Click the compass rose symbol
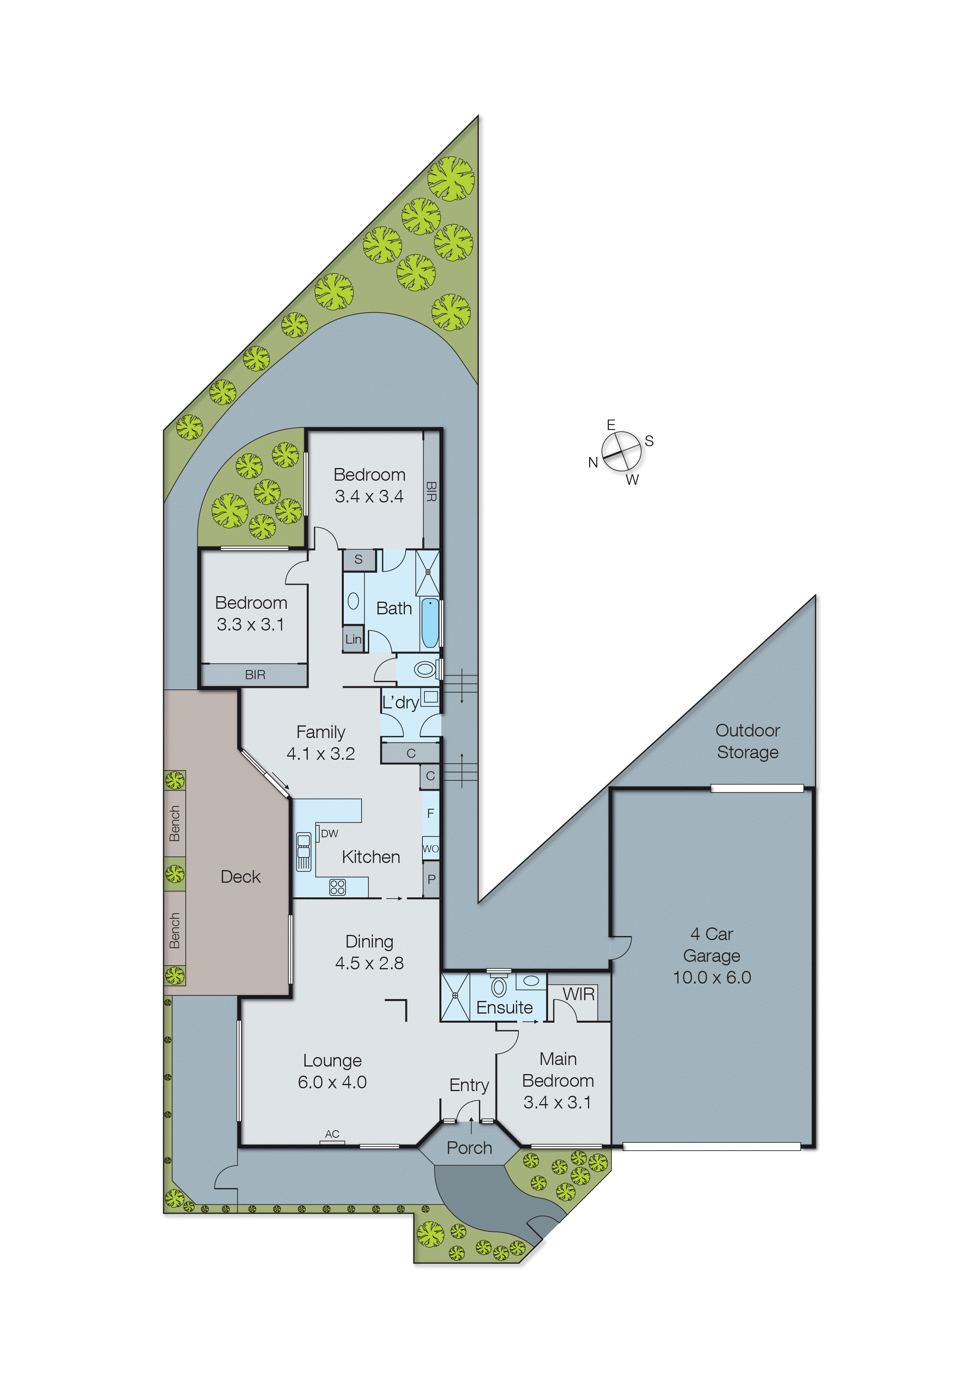click(621, 451)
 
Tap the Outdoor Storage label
click(747, 741)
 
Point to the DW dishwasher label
click(330, 834)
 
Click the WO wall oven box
click(430, 848)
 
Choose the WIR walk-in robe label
click(578, 994)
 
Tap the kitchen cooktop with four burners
click(337, 887)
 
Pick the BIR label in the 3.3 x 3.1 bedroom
click(254, 675)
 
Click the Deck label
click(240, 876)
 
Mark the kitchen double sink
click(303, 851)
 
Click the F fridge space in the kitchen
click(430, 814)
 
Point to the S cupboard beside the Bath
click(358, 559)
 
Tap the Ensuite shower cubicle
click(455, 996)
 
